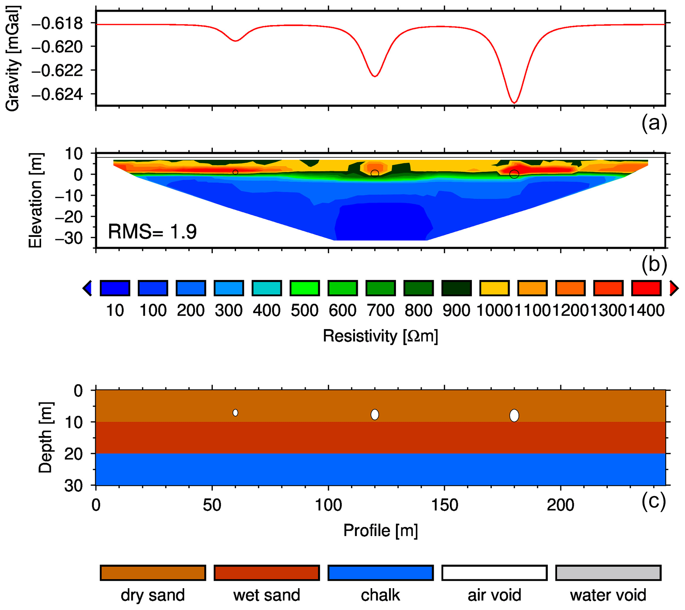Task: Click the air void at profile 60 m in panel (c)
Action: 235,413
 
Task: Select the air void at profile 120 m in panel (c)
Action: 375,415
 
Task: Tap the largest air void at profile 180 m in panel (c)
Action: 514,416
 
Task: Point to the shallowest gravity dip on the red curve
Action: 235,41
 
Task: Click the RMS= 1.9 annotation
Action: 152,232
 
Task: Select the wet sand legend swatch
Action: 266,573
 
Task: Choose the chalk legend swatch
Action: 380,573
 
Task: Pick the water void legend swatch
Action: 608,573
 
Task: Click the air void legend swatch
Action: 494,573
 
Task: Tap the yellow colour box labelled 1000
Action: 494,288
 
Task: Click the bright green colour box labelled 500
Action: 305,288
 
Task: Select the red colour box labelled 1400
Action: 646,288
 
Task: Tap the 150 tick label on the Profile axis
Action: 445,505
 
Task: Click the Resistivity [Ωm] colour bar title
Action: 380,336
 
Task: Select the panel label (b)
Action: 654,264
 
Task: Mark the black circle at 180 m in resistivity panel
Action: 514,174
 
